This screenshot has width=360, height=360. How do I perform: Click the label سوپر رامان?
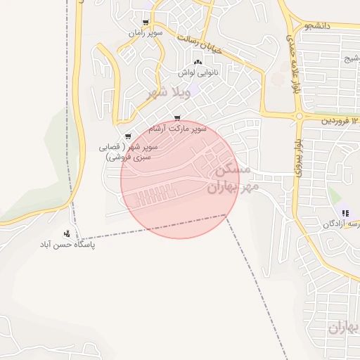(146, 33)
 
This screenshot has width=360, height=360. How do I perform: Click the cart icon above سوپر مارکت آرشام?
(176, 118)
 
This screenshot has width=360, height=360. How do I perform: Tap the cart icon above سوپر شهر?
(127, 136)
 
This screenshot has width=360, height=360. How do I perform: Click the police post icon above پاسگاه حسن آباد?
(67, 233)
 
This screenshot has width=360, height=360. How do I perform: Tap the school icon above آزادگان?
(345, 213)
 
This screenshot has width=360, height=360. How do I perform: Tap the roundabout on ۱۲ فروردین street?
(300, 116)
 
